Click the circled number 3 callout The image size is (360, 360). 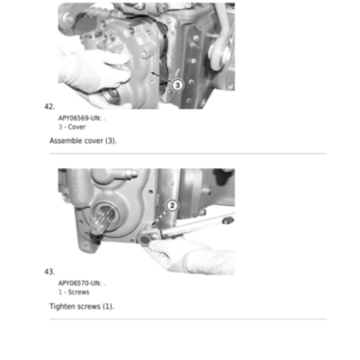click(177, 85)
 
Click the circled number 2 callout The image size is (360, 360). click(172, 206)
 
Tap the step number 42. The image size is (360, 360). click(49, 107)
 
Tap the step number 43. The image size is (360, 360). click(49, 272)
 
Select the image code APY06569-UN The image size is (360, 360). click(79, 118)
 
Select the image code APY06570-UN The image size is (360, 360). click(79, 283)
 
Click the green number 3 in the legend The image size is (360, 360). click(60, 127)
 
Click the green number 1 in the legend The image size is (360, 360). click(60, 292)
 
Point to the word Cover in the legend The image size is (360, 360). click(76, 127)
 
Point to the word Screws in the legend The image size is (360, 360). click(78, 292)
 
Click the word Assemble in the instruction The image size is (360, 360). click(66, 140)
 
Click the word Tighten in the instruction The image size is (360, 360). click(62, 306)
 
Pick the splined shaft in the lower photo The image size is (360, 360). click(103, 219)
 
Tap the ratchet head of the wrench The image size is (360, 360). click(146, 238)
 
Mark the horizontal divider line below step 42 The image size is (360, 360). click(188, 154)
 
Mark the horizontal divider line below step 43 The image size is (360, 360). click(188, 319)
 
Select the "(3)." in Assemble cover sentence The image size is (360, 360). click(111, 140)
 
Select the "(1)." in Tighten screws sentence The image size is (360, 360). click(108, 306)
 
